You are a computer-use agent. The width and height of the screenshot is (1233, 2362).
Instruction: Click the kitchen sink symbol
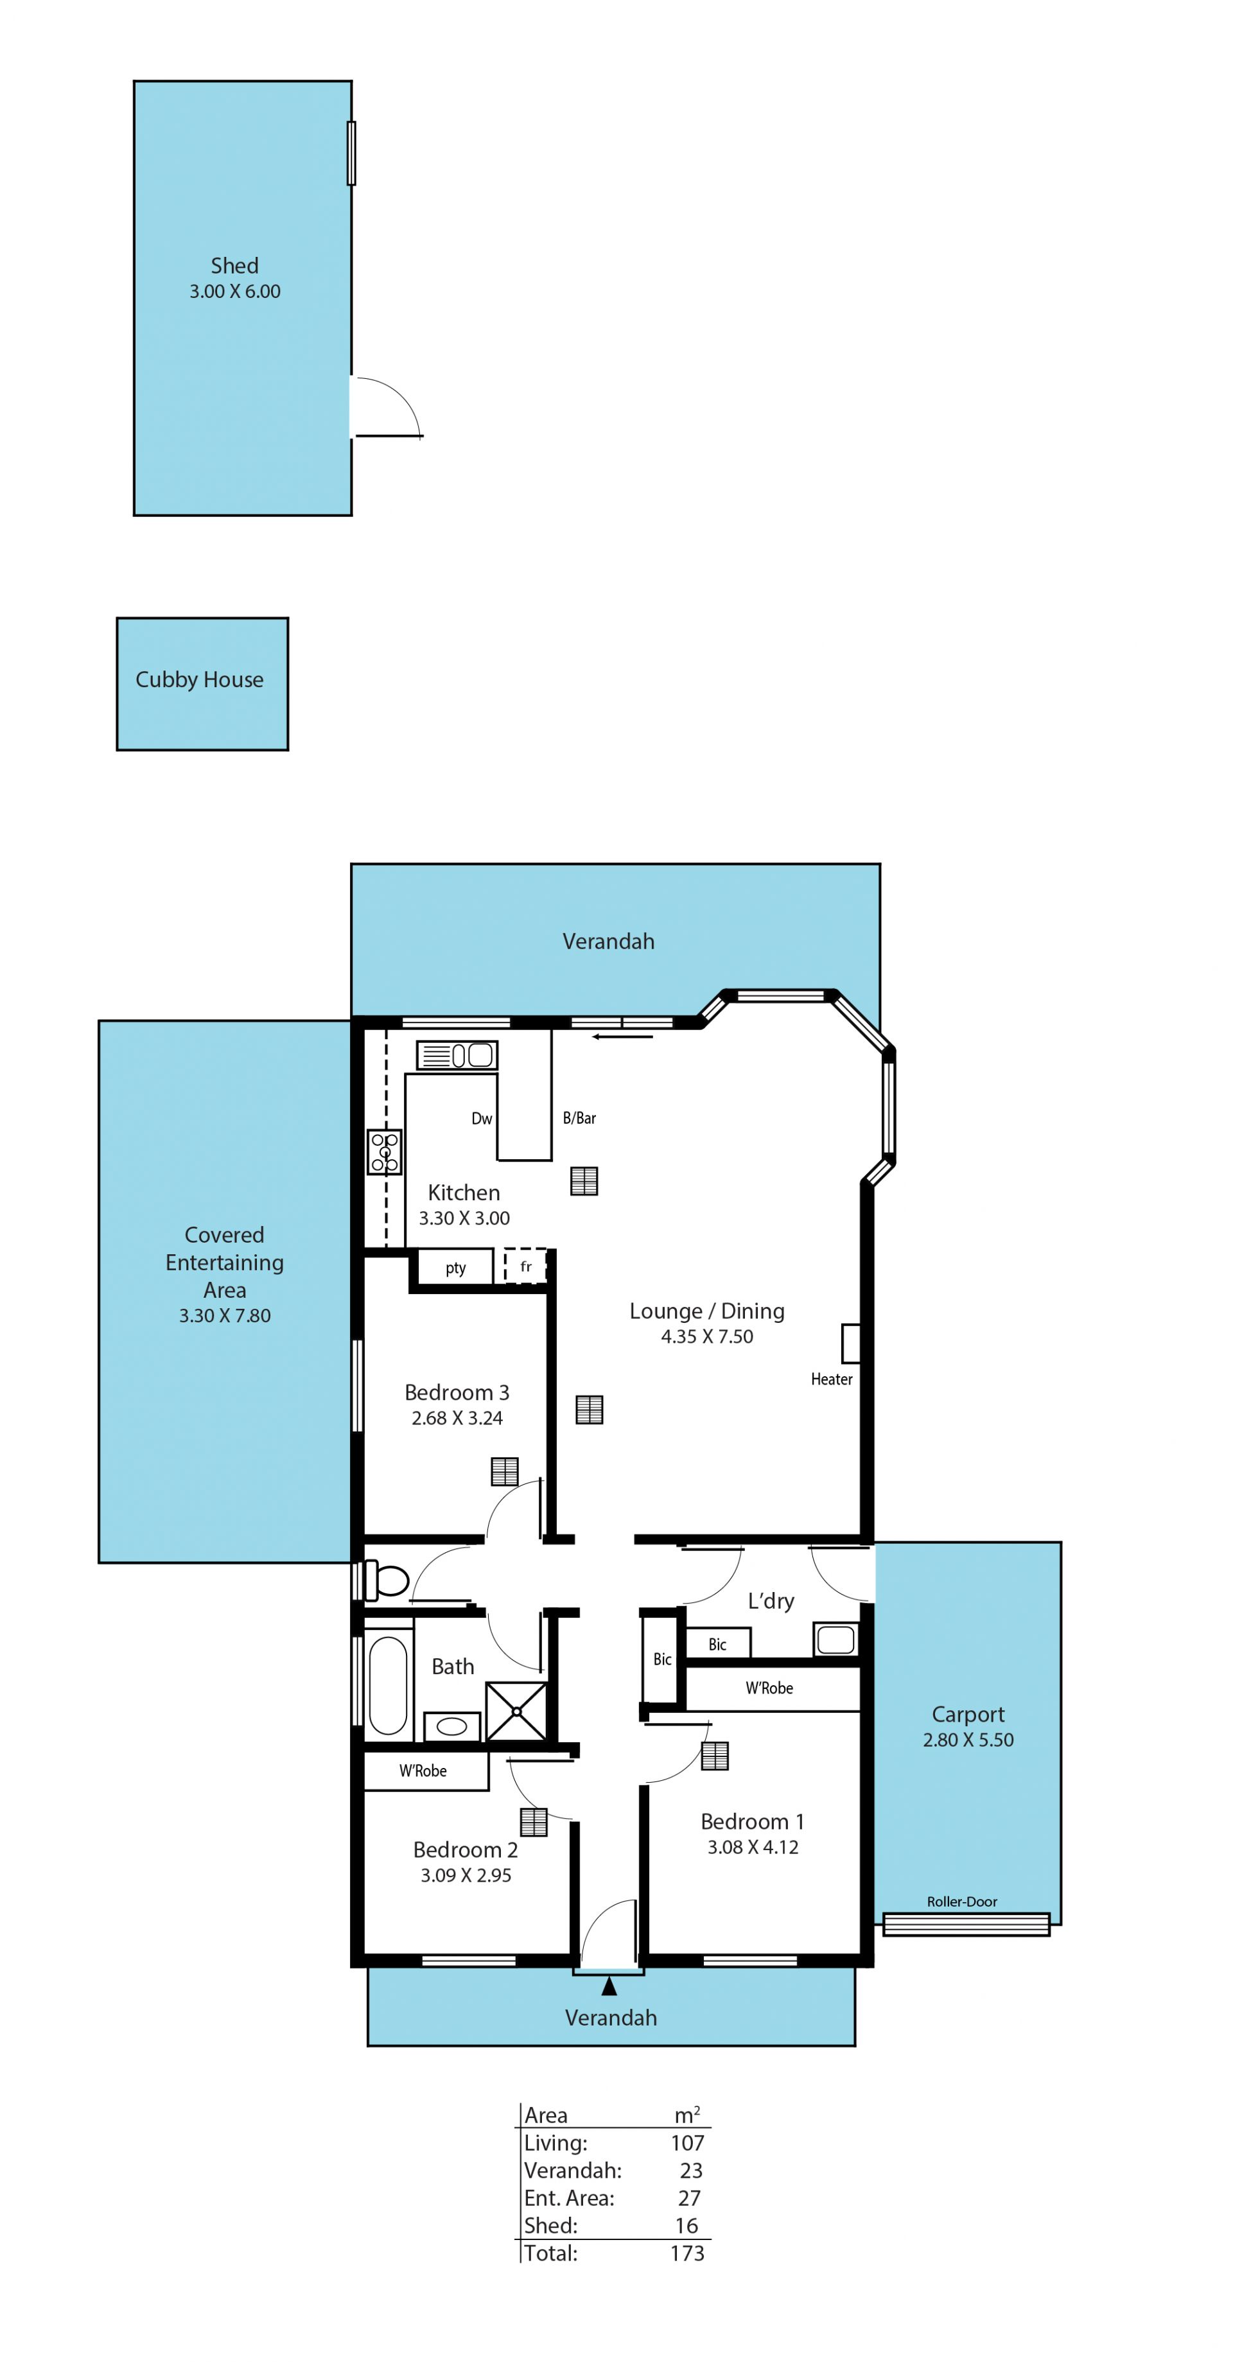(457, 1054)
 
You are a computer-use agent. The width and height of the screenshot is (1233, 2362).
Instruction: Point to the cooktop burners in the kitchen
(384, 1151)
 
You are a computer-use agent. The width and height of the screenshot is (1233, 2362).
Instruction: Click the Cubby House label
(199, 679)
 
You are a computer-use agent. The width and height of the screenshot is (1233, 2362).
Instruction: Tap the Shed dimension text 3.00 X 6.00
(234, 292)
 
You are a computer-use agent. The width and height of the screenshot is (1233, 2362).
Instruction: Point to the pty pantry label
(455, 1268)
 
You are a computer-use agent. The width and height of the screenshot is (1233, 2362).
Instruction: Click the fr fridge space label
(526, 1266)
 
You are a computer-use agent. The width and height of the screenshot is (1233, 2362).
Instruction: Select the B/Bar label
(579, 1117)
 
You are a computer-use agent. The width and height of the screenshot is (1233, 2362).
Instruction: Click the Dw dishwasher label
(481, 1119)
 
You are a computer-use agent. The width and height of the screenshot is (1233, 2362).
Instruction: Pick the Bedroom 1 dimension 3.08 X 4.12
(753, 1848)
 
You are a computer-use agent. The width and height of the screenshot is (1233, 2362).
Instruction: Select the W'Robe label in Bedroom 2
(423, 1771)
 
